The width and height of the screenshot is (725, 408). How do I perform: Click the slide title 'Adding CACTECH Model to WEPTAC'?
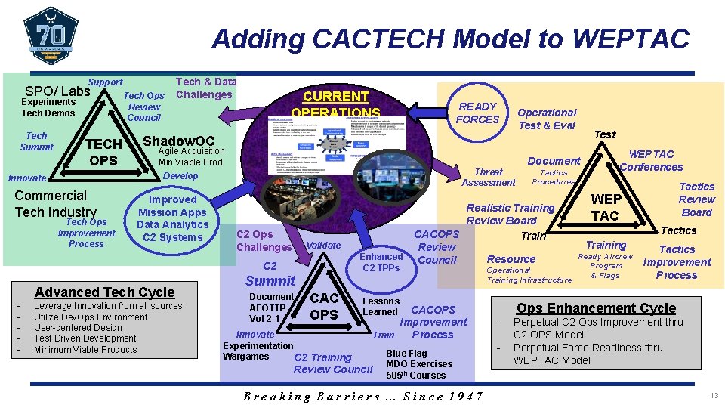[450, 38]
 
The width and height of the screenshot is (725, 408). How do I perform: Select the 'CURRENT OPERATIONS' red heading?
[335, 104]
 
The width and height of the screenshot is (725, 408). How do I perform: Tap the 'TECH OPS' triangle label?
[103, 152]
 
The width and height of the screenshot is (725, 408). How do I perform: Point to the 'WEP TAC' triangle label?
[606, 207]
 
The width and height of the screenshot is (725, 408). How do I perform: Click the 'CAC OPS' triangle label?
[324, 305]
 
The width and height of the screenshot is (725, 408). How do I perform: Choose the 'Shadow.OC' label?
[179, 141]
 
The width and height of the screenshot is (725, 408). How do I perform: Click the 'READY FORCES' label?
[478, 113]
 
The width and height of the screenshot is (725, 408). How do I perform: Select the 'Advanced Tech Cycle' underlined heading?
[104, 292]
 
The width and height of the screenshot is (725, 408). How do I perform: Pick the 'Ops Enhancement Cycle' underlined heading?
[596, 308]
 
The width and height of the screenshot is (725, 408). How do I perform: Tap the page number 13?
[714, 396]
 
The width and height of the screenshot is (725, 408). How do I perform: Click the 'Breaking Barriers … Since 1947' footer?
[363, 396]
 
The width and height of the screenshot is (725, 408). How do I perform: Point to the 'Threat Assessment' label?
[489, 177]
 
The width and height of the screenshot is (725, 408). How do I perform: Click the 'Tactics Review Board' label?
[696, 199]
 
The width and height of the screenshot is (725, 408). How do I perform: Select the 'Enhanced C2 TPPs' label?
[381, 262]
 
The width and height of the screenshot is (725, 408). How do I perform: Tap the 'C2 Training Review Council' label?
[333, 363]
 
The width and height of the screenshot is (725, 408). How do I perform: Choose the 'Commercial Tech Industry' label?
[56, 204]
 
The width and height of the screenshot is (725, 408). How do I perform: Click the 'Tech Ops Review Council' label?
[144, 107]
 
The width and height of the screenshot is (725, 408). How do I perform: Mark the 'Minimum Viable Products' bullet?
[85, 350]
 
